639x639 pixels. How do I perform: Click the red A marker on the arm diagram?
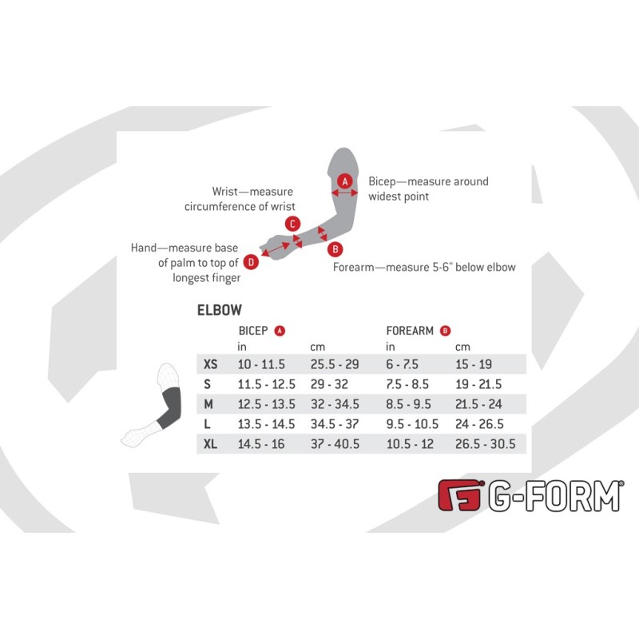[345, 181]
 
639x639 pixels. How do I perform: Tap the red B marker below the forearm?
[335, 249]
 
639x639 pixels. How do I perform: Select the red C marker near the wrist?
[292, 224]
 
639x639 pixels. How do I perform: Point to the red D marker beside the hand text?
[251, 262]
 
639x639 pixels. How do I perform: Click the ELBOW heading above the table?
[219, 310]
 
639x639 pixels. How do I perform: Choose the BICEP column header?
[253, 331]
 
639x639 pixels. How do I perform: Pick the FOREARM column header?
[410, 331]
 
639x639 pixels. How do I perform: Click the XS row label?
[210, 364]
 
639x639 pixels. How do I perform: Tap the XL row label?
[210, 444]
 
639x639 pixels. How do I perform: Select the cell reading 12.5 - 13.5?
[267, 404]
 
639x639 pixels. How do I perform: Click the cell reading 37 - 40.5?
[335, 444]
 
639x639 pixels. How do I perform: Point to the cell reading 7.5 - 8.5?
[407, 384]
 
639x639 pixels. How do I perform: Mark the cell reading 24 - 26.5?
[479, 424]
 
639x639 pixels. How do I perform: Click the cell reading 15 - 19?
[474, 364]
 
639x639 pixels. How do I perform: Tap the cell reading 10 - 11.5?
[261, 364]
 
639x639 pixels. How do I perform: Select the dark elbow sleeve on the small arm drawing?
[170, 408]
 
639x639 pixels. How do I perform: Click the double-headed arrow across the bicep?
[345, 192]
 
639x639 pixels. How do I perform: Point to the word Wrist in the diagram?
[224, 191]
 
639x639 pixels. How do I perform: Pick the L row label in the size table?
[207, 424]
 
